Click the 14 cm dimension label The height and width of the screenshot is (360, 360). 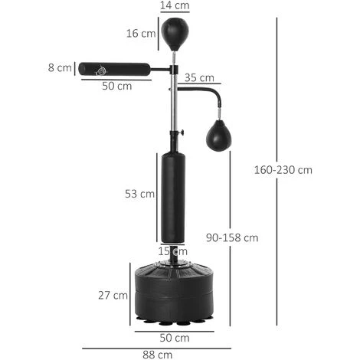175,5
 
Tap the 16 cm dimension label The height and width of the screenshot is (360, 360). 141,34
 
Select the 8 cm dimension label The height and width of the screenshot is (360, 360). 60,68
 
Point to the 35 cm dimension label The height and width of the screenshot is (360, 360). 199,78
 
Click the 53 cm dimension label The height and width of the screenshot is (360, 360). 139,194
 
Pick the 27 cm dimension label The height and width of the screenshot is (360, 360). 113,296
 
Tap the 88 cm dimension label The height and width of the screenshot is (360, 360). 157,355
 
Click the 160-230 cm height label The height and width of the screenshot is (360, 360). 283,170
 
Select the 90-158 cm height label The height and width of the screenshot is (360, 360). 232,238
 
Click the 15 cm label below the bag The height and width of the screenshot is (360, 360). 173,251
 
